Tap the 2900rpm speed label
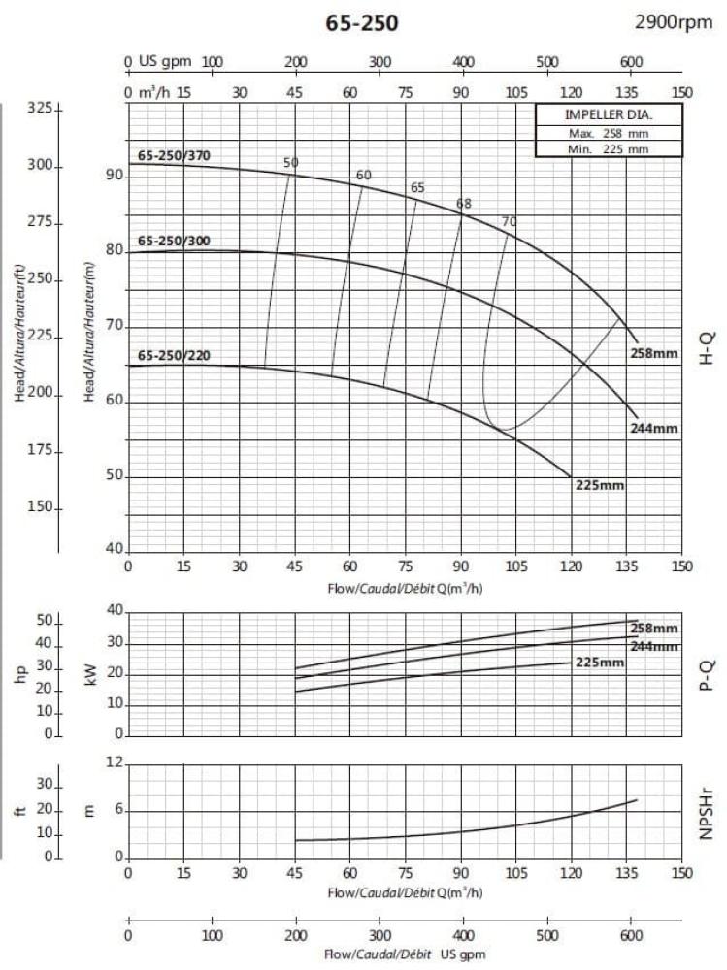[674, 22]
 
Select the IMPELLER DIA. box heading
[595, 114]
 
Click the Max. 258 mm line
[595, 132]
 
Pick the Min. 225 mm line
[595, 149]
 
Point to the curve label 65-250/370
[174, 155]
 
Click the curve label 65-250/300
[174, 241]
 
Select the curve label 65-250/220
[174, 356]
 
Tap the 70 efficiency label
[509, 222]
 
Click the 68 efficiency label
[464, 204]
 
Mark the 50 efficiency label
[291, 163]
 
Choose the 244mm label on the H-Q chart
[652, 428]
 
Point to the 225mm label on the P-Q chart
[599, 663]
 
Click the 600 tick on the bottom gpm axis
[631, 936]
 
